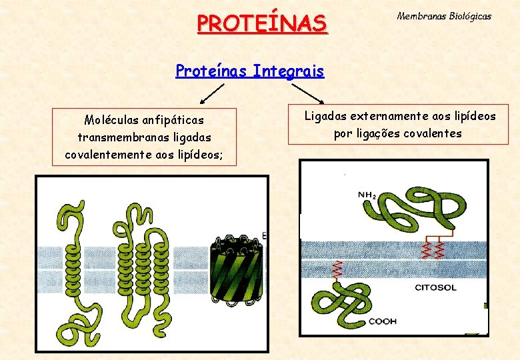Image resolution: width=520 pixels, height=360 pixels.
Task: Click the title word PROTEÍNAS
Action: tap(262, 24)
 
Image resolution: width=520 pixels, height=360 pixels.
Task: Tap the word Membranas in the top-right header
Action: tap(420, 15)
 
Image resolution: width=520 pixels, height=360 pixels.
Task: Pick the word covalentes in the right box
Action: tap(433, 133)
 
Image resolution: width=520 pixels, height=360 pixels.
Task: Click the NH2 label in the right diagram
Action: tap(367, 195)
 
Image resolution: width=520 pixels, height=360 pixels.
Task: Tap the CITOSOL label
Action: tap(435, 287)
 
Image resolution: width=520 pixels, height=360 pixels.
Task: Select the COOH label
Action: tap(383, 321)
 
